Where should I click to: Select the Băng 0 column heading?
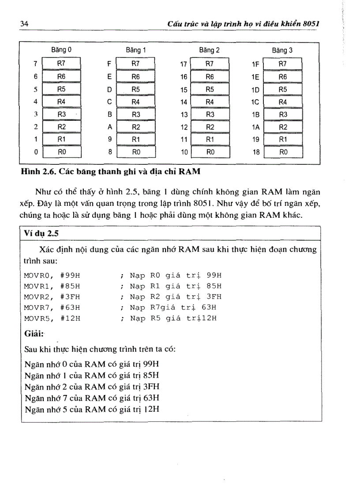pyautogui.click(x=61, y=50)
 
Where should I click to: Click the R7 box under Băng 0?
pyautogui.click(x=61, y=64)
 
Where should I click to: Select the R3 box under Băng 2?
pyautogui.click(x=210, y=114)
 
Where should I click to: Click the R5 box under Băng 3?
pyautogui.click(x=283, y=89)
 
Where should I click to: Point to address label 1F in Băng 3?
pyautogui.click(x=255, y=64)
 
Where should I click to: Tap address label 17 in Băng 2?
pyautogui.click(x=184, y=64)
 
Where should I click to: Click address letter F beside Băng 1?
pyautogui.click(x=109, y=64)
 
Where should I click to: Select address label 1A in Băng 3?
pyautogui.click(x=255, y=127)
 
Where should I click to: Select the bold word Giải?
pyautogui.click(x=34, y=334)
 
